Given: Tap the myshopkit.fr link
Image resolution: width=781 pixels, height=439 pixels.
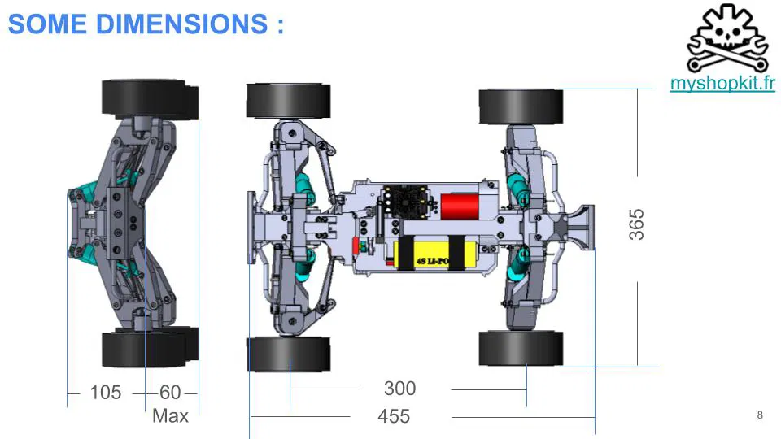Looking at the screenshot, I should point(722,84).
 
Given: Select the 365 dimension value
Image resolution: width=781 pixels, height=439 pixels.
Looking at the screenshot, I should point(636,224).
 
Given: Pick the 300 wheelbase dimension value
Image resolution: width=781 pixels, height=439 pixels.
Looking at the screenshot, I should point(399,389).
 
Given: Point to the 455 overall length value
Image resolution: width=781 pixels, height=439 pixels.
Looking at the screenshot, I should point(394,416).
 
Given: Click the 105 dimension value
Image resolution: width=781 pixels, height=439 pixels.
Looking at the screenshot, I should point(105,393).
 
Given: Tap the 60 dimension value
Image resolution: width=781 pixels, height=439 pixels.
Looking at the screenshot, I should point(170,393).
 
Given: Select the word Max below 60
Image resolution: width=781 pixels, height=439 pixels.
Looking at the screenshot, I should point(170,416).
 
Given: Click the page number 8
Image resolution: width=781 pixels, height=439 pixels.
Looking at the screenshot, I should point(760,415).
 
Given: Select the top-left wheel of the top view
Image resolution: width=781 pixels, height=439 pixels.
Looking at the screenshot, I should point(288,100).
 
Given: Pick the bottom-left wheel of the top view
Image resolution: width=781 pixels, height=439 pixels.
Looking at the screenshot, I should point(288,354).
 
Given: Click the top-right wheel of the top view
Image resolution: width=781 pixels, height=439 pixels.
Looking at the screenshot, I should point(521,106).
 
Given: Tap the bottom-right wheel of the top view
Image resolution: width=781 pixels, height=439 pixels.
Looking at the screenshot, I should point(521,348).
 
